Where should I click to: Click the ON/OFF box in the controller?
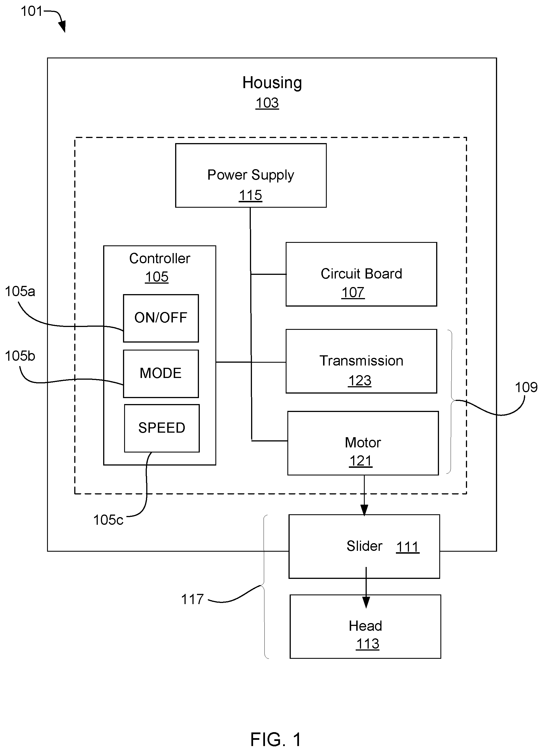[161, 318]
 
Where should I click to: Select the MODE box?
[161, 373]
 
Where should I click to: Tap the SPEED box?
[162, 428]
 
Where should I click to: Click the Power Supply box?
[251, 175]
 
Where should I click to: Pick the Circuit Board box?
[361, 274]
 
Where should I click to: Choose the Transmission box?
[361, 361]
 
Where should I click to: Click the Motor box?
[363, 443]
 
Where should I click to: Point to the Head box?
[365, 626]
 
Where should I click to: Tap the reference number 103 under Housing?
[267, 103]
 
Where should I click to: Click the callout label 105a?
[20, 292]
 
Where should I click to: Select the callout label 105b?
[20, 356]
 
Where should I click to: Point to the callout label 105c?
[108, 520]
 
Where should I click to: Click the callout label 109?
[526, 387]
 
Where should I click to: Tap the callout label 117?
[192, 599]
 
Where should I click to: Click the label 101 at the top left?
[32, 11]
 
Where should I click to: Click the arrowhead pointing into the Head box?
[366, 602]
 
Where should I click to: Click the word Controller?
[160, 258]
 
